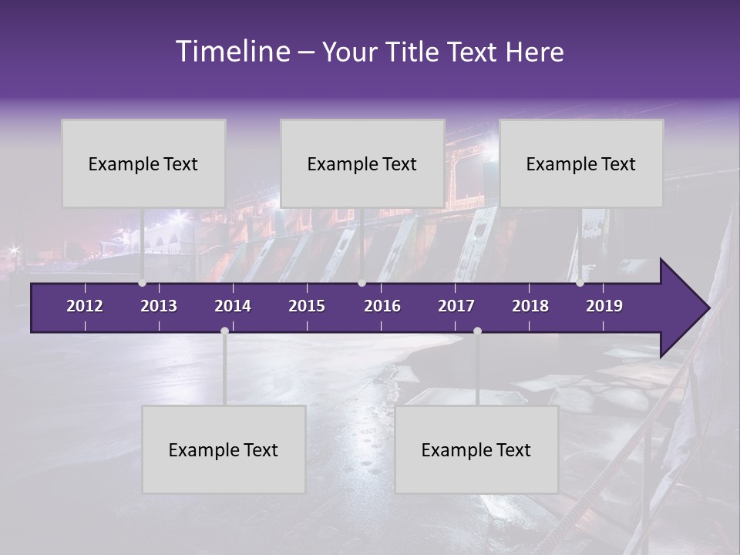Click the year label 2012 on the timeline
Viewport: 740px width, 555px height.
click(x=85, y=306)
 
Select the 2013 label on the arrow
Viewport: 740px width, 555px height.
click(x=159, y=306)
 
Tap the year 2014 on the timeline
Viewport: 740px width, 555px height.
click(x=233, y=306)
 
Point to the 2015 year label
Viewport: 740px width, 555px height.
click(x=307, y=306)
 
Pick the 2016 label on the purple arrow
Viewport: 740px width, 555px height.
click(x=382, y=306)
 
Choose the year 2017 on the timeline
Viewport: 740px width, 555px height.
click(x=456, y=306)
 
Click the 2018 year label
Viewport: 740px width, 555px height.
click(x=530, y=306)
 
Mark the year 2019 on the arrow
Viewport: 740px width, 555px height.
click(x=604, y=306)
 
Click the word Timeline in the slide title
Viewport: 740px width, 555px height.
click(x=232, y=52)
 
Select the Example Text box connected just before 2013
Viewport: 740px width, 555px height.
click(x=143, y=163)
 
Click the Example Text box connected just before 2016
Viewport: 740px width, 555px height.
click(x=362, y=163)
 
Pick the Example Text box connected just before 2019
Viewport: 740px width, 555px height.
click(x=581, y=163)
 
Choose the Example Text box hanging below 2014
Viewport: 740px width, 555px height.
click(x=224, y=449)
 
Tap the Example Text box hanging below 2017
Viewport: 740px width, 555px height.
click(x=476, y=449)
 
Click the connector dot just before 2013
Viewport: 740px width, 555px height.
click(x=142, y=283)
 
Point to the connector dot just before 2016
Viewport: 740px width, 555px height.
click(x=362, y=283)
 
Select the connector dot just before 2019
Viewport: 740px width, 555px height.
click(x=580, y=283)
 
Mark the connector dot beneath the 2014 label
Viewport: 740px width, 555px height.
click(x=224, y=331)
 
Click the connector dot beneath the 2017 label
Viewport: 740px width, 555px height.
click(x=477, y=331)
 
